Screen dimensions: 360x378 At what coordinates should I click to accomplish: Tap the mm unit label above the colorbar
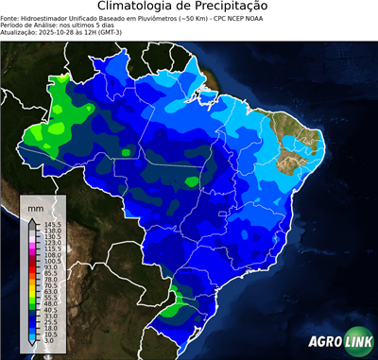(x=36, y=206)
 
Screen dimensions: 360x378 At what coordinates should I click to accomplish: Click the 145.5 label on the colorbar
(x=51, y=223)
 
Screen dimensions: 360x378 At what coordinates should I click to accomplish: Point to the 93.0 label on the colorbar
(x=51, y=266)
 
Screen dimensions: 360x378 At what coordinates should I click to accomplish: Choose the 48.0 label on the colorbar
(x=51, y=302)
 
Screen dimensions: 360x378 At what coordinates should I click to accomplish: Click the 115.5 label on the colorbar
(x=51, y=249)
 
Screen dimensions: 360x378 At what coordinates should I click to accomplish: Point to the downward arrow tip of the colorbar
(x=35, y=345)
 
